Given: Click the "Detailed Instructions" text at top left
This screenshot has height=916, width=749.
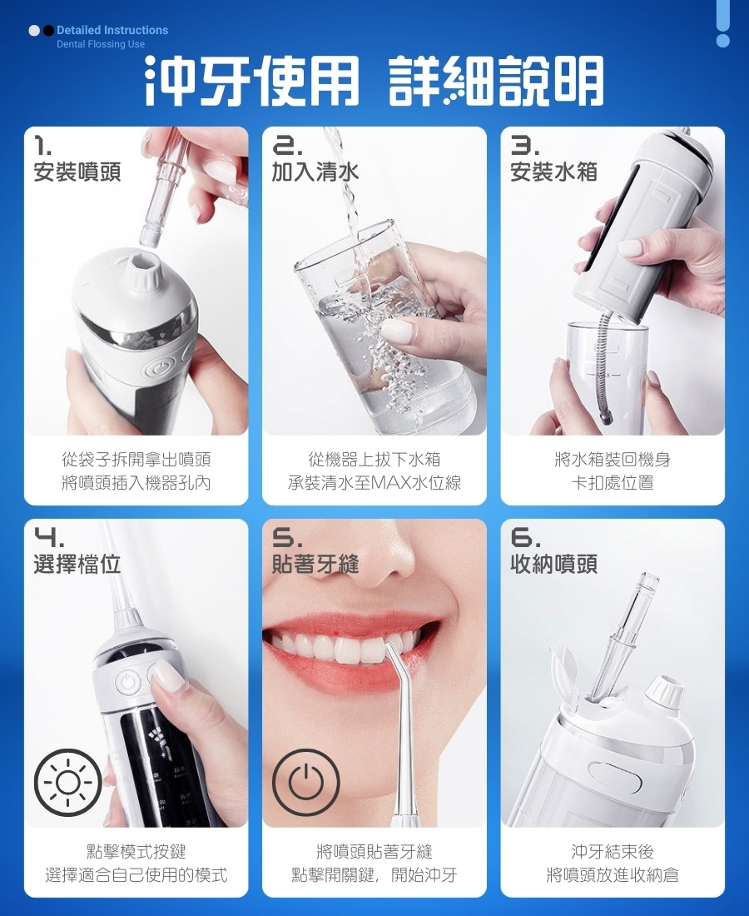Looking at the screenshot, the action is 112,30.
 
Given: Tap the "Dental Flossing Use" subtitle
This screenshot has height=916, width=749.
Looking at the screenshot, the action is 101,44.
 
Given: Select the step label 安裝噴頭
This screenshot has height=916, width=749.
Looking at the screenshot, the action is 77,172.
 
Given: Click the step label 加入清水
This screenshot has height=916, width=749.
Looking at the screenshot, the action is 315,172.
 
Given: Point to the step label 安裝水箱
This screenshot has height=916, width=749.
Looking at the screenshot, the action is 553,172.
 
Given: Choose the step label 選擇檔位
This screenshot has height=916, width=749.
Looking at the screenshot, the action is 77,564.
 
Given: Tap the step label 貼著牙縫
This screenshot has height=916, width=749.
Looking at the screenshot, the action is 315,564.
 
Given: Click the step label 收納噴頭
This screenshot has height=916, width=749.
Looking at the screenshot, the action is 553,564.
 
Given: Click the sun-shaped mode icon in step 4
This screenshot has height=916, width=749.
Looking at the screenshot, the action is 68,782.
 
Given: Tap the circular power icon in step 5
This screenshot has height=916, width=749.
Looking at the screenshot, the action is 306,782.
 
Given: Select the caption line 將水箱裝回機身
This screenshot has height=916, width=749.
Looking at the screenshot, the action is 613,460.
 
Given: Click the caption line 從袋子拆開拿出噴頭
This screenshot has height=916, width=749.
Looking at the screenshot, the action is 136,460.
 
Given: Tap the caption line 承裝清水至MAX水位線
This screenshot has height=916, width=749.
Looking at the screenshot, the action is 374,483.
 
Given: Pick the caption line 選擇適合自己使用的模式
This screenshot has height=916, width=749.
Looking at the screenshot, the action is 136,875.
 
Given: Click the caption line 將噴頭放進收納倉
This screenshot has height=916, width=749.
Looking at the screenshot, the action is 613,875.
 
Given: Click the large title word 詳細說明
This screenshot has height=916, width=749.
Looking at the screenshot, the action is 496,82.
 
